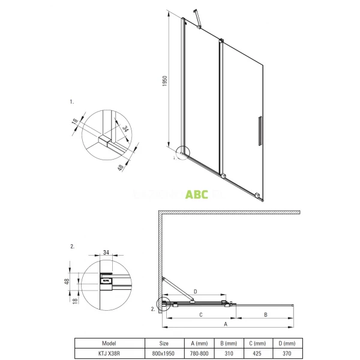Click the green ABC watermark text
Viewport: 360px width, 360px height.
(x=196, y=195)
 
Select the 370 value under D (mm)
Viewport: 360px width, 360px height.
(x=287, y=354)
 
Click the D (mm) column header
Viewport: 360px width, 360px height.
(x=287, y=344)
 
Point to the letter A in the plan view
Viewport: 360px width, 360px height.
(x=226, y=323)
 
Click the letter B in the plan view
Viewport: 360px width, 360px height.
(x=265, y=314)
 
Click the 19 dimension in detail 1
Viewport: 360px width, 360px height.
(x=75, y=122)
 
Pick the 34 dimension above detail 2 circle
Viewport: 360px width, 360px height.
(x=107, y=253)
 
